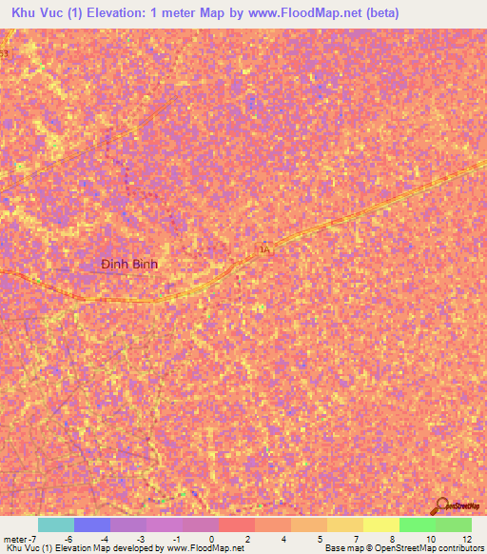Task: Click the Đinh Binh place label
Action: [129, 264]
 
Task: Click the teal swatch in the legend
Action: [55, 524]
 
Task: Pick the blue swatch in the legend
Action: [91, 524]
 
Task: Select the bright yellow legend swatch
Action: [380, 524]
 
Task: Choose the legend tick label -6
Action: [67, 538]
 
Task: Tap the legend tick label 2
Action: [247, 538]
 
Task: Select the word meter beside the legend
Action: [14, 538]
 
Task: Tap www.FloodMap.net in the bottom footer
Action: [205, 548]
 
